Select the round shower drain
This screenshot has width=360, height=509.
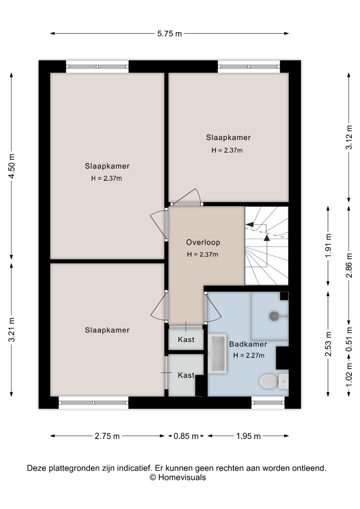274,316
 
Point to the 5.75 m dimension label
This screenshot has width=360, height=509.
169,34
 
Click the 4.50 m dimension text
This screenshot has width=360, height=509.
12,166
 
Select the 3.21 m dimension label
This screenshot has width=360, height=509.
12,330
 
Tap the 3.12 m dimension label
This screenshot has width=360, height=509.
349,137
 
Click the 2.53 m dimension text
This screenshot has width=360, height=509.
328,344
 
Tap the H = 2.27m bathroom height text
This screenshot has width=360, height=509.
249,355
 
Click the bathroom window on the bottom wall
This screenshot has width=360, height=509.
268,403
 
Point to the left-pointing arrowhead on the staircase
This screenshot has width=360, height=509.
250,224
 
